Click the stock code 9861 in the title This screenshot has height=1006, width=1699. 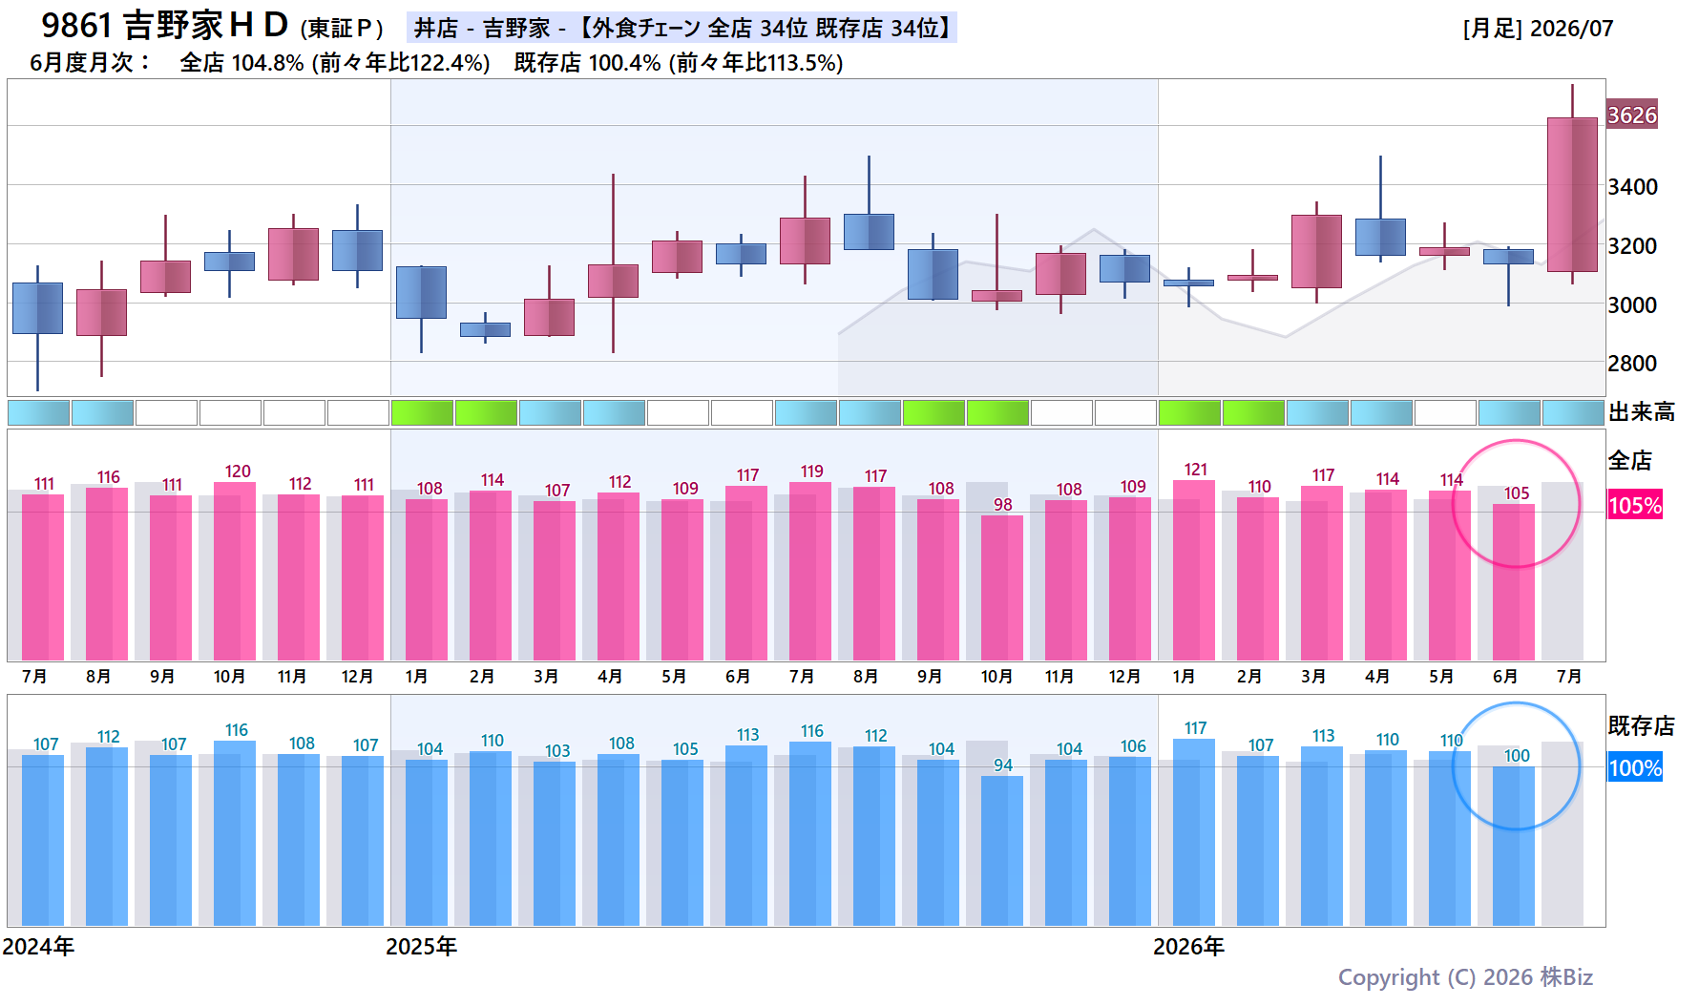pyautogui.click(x=76, y=26)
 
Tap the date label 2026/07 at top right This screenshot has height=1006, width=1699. pyautogui.click(x=1571, y=29)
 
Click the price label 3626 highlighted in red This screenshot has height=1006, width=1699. pyautogui.click(x=1632, y=115)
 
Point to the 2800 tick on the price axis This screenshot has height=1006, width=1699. pyautogui.click(x=1632, y=364)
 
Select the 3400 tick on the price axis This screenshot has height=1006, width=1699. pyautogui.click(x=1632, y=187)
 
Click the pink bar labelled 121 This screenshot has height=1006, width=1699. pyautogui.click(x=1194, y=570)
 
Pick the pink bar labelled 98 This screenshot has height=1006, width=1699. pyautogui.click(x=1002, y=588)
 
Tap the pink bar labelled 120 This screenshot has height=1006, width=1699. pyautogui.click(x=235, y=571)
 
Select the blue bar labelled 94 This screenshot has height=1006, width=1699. pyautogui.click(x=1002, y=850)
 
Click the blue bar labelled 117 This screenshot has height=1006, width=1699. pyautogui.click(x=1194, y=832)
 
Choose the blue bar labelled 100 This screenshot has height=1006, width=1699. pyautogui.click(x=1514, y=846)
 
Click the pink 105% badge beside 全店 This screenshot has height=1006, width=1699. pyautogui.click(x=1635, y=505)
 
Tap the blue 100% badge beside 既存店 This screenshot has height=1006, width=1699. pyautogui.click(x=1635, y=767)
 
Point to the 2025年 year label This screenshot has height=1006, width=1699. pyautogui.click(x=421, y=947)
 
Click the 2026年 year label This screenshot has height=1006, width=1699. pyautogui.click(x=1188, y=947)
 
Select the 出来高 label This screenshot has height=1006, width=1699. pyautogui.click(x=1642, y=412)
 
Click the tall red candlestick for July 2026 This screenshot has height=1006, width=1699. pyautogui.click(x=1572, y=195)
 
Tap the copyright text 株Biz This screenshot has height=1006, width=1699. pyautogui.click(x=1566, y=977)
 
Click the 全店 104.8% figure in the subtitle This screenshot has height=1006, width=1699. pyautogui.click(x=241, y=63)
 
